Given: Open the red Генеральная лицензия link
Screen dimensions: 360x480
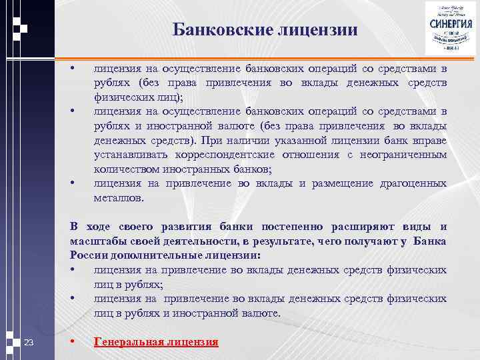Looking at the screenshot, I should pyautogui.click(x=156, y=342).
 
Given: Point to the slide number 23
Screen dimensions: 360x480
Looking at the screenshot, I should pyautogui.click(x=29, y=343).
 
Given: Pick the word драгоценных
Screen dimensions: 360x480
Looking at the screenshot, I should pyautogui.click(x=413, y=183).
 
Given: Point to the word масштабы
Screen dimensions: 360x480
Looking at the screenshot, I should pyautogui.click(x=95, y=241).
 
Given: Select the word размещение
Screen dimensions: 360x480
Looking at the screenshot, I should pyautogui.click(x=343, y=183).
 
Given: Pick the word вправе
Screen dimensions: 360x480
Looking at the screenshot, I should pyautogui.click(x=430, y=141).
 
